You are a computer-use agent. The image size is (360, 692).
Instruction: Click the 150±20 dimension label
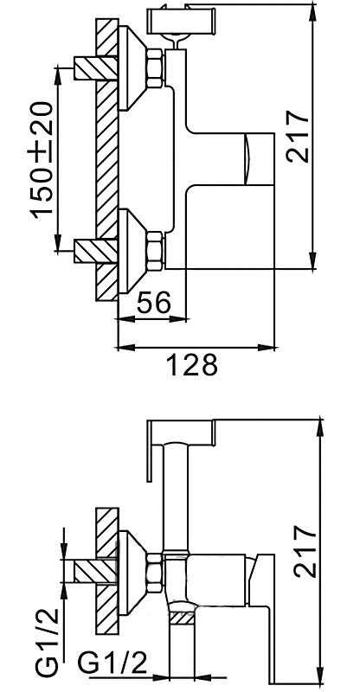click(42, 159)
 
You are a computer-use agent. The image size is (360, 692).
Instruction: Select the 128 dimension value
click(192, 364)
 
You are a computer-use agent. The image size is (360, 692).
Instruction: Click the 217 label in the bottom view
click(306, 551)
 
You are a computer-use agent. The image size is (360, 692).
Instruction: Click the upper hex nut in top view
click(155, 68)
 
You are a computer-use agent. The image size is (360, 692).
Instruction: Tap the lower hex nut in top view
click(155, 251)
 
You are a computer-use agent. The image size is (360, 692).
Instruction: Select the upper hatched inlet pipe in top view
click(95, 68)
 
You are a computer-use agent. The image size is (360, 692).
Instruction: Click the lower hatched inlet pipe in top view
click(95, 251)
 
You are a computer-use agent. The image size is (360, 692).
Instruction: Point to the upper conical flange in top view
click(132, 68)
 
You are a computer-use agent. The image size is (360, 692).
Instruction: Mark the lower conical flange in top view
click(132, 251)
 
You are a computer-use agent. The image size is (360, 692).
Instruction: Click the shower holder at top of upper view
click(182, 20)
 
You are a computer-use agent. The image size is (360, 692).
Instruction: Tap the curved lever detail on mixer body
click(248, 159)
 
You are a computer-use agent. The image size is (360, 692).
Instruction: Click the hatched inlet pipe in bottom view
click(95, 573)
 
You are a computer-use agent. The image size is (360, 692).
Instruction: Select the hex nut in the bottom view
click(155, 573)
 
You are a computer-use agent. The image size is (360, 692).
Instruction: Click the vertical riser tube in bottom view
click(176, 497)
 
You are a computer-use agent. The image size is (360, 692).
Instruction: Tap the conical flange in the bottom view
click(132, 573)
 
